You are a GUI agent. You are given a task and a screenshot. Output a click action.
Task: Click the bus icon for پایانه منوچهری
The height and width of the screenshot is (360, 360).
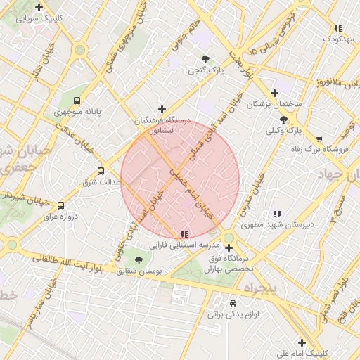[76, 101]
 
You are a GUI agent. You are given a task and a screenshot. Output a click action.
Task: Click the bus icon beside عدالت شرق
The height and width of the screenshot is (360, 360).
[101, 171]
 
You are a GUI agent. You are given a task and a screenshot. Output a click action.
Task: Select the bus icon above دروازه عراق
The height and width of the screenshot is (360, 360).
[60, 206]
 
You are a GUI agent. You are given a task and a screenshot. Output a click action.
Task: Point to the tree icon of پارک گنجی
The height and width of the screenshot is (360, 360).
[205, 60]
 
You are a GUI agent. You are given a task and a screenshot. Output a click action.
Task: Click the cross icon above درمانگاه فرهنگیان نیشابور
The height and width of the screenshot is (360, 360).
[162, 109]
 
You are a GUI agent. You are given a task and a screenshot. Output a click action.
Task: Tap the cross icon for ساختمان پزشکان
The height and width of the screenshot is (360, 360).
[274, 93]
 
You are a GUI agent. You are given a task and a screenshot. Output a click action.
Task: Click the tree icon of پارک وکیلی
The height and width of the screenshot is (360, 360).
[283, 120]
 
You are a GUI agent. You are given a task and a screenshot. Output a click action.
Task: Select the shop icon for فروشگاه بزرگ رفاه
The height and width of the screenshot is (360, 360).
[319, 139]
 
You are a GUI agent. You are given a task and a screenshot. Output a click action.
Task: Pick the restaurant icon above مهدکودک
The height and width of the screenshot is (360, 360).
[338, 28]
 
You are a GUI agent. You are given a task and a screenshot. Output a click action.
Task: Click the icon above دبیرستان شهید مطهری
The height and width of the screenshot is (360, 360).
[276, 214]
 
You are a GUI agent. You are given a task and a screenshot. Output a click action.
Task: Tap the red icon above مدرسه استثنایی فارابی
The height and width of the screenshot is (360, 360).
[184, 234]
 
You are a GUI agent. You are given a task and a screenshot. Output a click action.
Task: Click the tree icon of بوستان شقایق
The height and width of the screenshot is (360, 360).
[138, 259]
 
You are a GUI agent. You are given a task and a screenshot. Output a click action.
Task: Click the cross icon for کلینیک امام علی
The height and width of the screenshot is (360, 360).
[302, 342]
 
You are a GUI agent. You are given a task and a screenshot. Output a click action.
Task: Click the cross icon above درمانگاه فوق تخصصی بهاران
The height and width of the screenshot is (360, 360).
[229, 247]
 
